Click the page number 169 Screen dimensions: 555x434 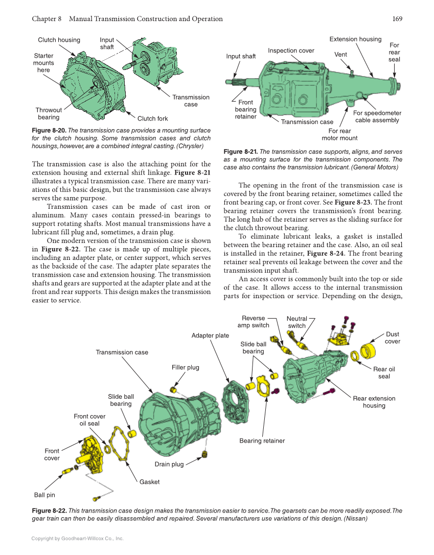pyautogui.click(x=397, y=19)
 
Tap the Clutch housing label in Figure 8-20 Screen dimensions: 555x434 pyautogui.click(x=59, y=40)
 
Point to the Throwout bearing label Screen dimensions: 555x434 pyautogui.click(x=49, y=113)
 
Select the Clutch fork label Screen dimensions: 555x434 pyautogui.click(x=152, y=118)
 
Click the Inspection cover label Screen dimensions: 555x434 pyautogui.click(x=291, y=51)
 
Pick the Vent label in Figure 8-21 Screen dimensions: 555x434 pyautogui.click(x=340, y=54)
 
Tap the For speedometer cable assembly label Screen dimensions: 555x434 pyautogui.click(x=377, y=116)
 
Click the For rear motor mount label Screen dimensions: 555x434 pyautogui.click(x=339, y=134)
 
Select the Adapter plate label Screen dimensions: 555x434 pyautogui.click(x=210, y=335)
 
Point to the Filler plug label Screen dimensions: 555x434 pyautogui.click(x=186, y=367)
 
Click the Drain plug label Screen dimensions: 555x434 pyautogui.click(x=169, y=464)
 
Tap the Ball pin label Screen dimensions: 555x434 pyautogui.click(x=44, y=495)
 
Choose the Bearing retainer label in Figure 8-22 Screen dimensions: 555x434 pyautogui.click(x=262, y=441)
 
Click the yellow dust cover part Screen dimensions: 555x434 pyautogui.click(x=368, y=352)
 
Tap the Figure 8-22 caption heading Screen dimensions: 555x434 pyautogui.click(x=49, y=511)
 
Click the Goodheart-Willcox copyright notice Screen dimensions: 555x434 pyautogui.click(x=77, y=538)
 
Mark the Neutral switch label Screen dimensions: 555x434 pyautogui.click(x=296, y=322)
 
